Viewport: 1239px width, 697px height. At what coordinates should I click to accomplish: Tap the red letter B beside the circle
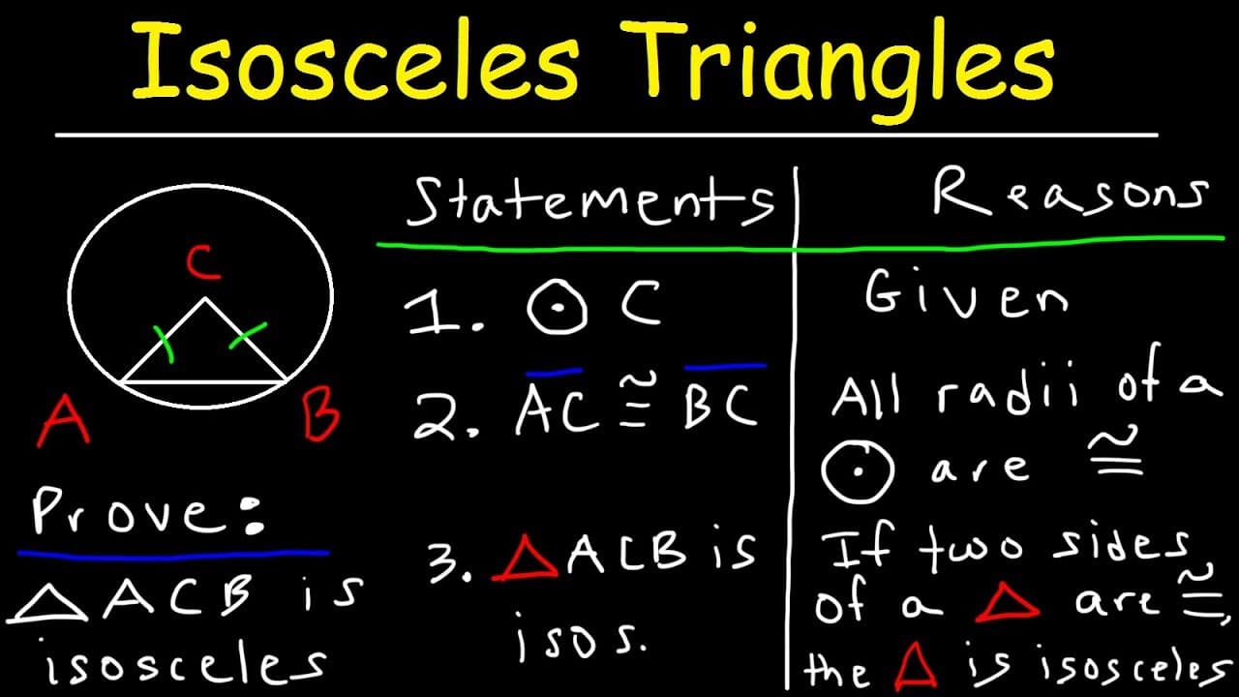coord(320,419)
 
